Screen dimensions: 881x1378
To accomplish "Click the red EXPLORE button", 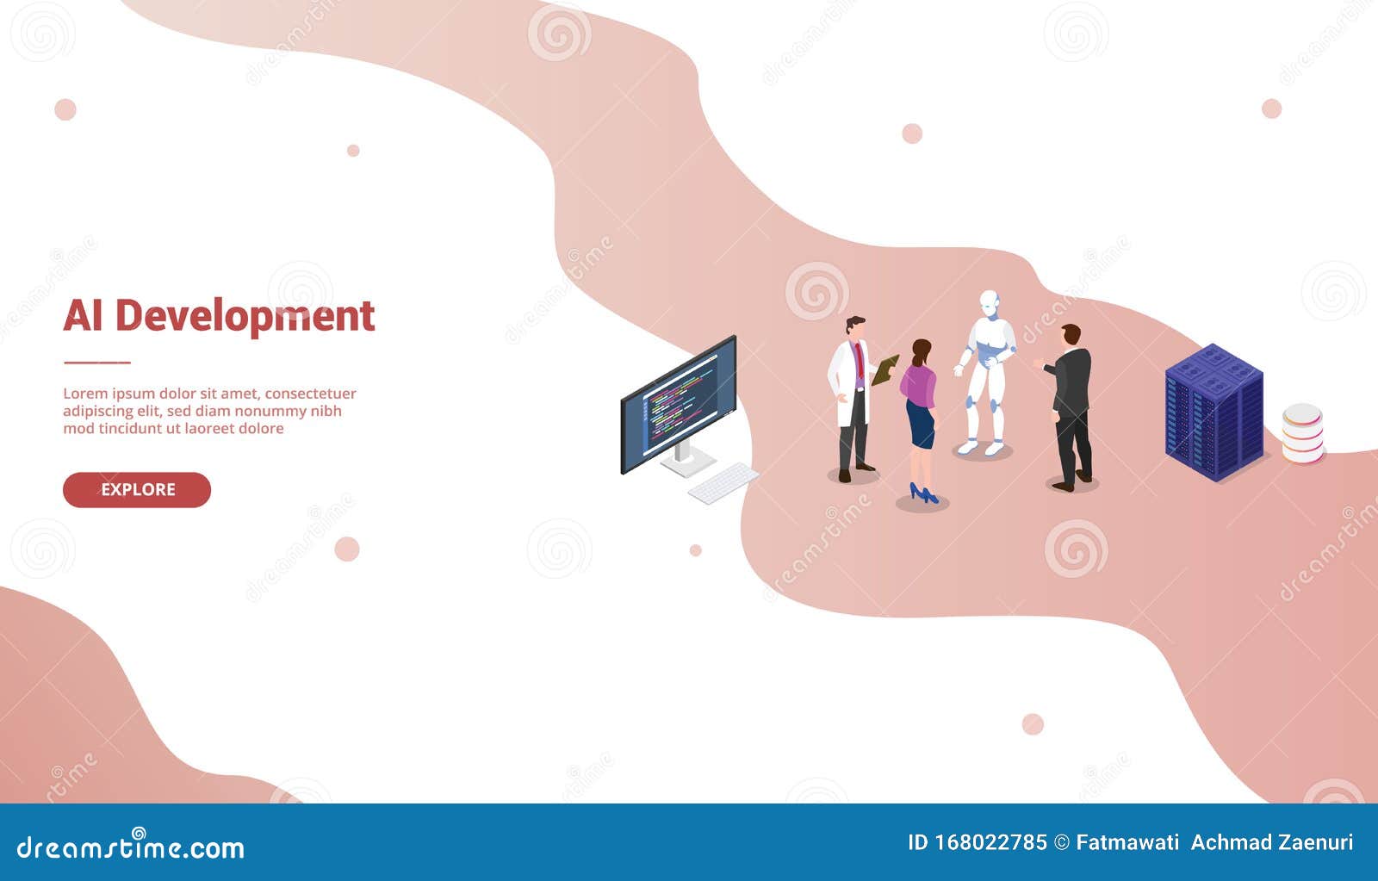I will click(137, 489).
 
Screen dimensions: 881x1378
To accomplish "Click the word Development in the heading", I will click(245, 316).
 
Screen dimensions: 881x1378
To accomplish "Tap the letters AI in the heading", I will click(83, 315).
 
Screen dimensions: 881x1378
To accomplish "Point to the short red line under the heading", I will click(96, 363).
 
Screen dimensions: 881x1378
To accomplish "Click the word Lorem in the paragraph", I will click(85, 394).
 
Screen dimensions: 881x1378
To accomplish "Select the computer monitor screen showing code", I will click(680, 403).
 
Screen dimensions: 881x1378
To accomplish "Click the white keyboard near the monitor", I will click(723, 483).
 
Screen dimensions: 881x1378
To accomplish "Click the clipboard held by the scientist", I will click(885, 370).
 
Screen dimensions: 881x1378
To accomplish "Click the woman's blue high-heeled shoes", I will click(923, 494).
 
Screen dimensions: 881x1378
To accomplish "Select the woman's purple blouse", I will click(919, 384).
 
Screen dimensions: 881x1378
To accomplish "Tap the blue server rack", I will click(1214, 412).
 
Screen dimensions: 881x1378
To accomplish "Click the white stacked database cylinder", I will click(1301, 433).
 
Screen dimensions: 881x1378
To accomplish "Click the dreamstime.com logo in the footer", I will click(131, 847).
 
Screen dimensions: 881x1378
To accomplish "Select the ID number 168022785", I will click(990, 842).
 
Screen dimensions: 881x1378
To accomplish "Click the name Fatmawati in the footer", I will click(1127, 842).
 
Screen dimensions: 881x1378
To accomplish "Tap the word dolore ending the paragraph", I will click(258, 428).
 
